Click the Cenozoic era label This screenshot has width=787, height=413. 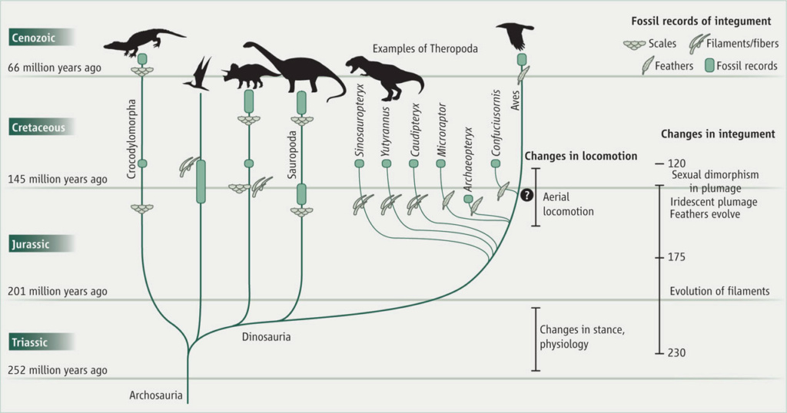pyautogui.click(x=34, y=38)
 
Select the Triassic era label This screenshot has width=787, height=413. pyautogui.click(x=30, y=342)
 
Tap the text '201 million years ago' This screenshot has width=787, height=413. pyautogui.click(x=57, y=291)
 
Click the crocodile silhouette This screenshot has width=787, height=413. pyautogui.click(x=144, y=41)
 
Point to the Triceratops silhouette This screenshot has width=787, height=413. pyautogui.click(x=250, y=76)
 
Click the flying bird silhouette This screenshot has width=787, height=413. pyautogui.click(x=516, y=36)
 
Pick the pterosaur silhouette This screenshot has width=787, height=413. pyautogui.click(x=199, y=74)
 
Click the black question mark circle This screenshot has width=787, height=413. pyautogui.click(x=526, y=195)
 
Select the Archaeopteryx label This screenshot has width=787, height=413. pyautogui.click(x=468, y=160)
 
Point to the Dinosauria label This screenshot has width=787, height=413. pyautogui.click(x=266, y=337)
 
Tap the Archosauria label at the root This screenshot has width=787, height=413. pyautogui.click(x=155, y=395)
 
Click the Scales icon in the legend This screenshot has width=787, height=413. pyautogui.click(x=634, y=45)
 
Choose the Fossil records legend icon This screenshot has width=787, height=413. pyautogui.click(x=709, y=66)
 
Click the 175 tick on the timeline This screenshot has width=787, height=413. pyautogui.click(x=659, y=258)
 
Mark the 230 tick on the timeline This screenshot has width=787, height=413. pyautogui.click(x=659, y=353)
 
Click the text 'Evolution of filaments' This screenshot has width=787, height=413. pyautogui.click(x=719, y=291)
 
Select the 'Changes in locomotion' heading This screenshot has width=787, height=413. pyautogui.click(x=581, y=157)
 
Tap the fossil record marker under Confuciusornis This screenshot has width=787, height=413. pyautogui.click(x=496, y=164)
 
